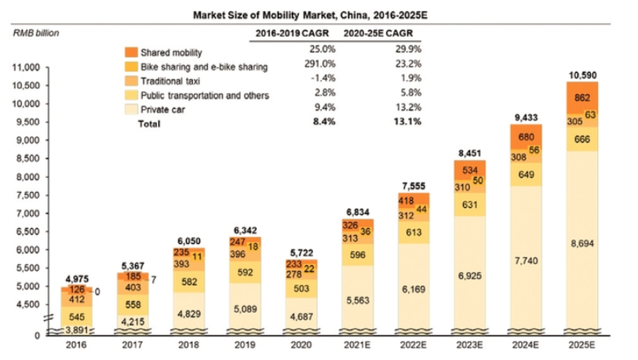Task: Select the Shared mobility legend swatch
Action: [x=130, y=53]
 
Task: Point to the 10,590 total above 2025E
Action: [x=581, y=75]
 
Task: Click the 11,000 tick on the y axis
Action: [x=27, y=67]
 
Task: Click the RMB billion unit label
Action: [x=36, y=32]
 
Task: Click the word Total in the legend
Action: [x=149, y=123]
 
